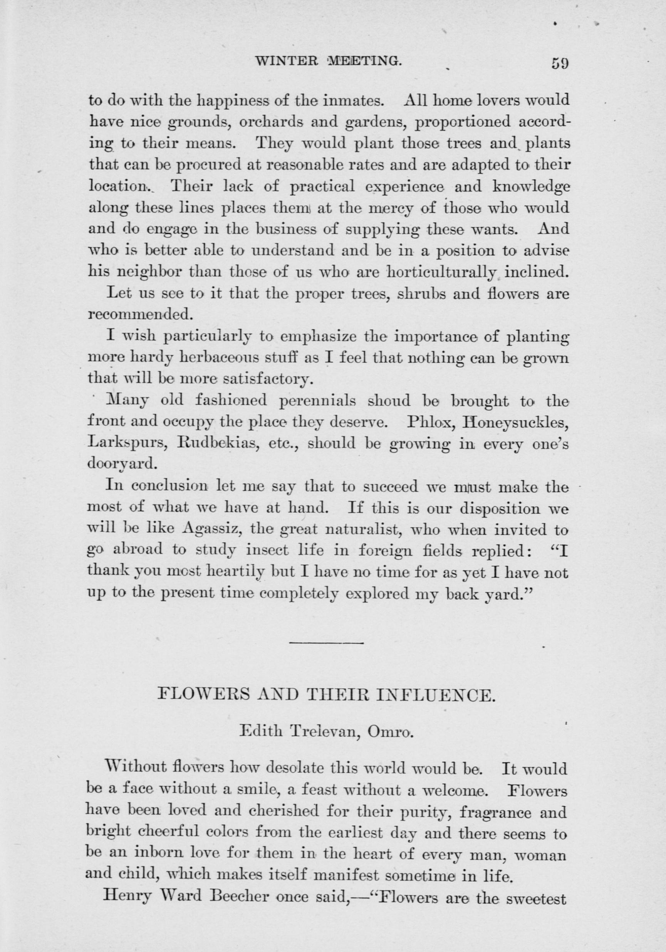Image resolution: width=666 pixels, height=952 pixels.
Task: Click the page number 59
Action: point(560,64)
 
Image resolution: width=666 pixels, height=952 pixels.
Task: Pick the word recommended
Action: point(141,314)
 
